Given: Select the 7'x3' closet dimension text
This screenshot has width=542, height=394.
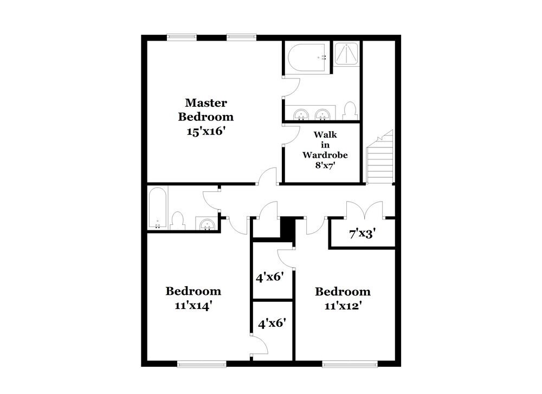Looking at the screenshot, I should pos(362,235).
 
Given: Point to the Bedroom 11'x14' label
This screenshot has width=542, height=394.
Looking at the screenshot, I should pos(193,298).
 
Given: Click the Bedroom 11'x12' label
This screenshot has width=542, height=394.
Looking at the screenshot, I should pos(343,298).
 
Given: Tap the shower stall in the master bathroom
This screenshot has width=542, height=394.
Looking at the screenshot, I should pos(344,54).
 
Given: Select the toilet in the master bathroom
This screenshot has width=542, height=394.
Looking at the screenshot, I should pos(350,111).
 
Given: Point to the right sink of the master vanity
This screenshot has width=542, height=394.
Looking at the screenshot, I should pos(323,114).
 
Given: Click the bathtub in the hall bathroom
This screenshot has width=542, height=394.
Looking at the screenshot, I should pos(158,208).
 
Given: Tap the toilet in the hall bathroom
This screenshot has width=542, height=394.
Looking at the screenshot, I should pos(177,221).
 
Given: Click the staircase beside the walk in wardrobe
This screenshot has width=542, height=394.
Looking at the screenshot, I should pos(379,158).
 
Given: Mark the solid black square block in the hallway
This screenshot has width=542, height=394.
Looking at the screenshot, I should pos(288,227).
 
